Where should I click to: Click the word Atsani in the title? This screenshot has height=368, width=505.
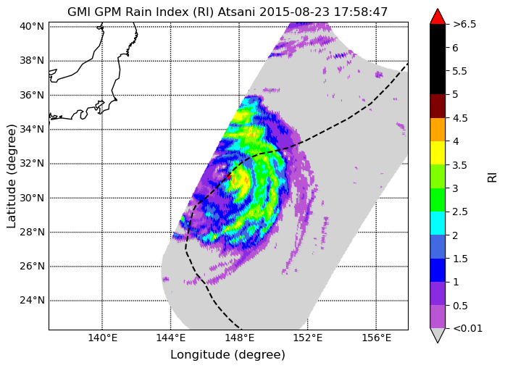(237, 12)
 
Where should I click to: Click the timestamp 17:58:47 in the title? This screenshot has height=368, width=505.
(360, 12)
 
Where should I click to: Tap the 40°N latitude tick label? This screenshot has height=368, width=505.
(32, 26)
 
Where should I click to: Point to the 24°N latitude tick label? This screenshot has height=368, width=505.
(32, 301)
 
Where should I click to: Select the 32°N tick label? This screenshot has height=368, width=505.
(32, 163)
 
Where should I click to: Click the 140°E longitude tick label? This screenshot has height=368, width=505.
(103, 338)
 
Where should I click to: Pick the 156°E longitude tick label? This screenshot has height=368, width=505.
(377, 338)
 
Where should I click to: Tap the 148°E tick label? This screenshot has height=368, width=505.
(240, 338)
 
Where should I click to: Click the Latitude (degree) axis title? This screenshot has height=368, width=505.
(12, 177)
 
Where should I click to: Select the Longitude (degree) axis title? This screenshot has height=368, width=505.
(228, 355)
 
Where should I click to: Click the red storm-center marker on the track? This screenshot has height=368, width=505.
(228, 177)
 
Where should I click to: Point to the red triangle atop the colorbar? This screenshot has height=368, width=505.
(438, 17)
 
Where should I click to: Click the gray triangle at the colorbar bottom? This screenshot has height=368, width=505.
(438, 335)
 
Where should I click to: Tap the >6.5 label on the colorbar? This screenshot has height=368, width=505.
(464, 24)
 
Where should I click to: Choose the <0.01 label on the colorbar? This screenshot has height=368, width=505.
(467, 328)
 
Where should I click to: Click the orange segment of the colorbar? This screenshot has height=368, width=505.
(438, 130)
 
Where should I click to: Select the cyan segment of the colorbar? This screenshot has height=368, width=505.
(438, 223)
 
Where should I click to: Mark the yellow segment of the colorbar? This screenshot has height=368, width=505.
(438, 153)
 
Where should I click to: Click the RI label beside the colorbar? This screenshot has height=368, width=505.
(492, 177)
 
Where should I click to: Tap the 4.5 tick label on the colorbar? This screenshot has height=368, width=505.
(460, 118)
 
